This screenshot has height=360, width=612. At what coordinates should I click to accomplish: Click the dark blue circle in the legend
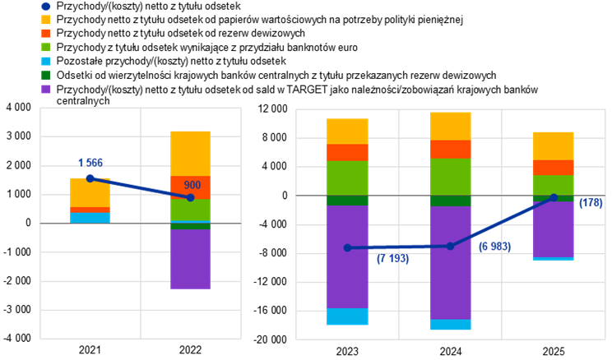pos(46,6)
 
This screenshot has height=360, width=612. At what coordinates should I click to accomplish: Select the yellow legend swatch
pos(46,20)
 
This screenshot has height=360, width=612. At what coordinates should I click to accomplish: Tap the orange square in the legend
pos(46,34)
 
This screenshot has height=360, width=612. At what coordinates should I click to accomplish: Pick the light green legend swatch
pos(46,48)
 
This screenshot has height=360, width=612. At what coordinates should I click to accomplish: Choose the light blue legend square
pos(46,62)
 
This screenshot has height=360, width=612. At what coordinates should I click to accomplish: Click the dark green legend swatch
pos(46,76)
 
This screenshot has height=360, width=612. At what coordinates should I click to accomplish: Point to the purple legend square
pos(46,90)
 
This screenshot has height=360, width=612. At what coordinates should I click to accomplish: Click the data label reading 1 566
pos(90,163)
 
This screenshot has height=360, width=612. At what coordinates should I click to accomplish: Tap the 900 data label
pos(192,186)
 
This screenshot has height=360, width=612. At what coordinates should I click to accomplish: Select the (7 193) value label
pos(393,259)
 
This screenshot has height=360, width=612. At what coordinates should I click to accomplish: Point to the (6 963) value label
pos(494,247)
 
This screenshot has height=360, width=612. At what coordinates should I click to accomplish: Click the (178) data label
pos(591,203)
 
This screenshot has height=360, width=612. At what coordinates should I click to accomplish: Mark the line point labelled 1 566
pos(90,178)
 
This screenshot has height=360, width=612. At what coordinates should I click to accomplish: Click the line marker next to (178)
pos(554,197)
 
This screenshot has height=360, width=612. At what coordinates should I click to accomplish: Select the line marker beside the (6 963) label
pos(450,246)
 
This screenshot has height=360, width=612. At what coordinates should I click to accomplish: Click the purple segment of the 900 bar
pos(190,259)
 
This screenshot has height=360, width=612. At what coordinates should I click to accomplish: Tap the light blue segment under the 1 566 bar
pos(90,218)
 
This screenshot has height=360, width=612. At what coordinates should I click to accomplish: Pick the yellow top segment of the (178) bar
pos(553,145)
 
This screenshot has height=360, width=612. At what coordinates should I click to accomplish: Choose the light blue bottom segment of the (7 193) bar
pos(347,316)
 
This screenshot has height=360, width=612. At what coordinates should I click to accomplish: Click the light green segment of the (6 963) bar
pos(450,177)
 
